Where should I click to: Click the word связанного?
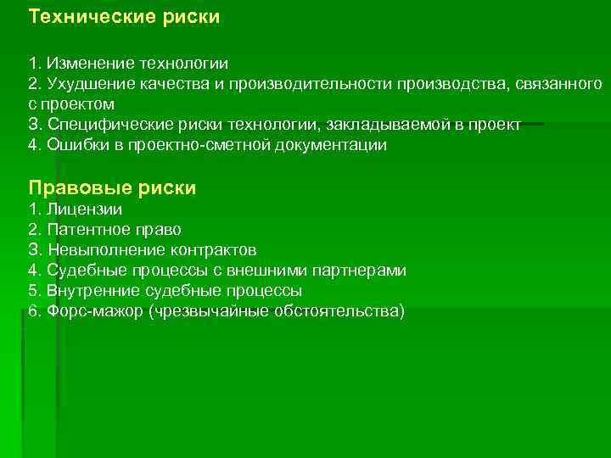560,84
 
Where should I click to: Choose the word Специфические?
101,125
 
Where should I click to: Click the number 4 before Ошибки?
33,145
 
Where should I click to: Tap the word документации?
334,145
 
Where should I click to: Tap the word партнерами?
360,271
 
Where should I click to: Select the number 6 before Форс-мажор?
33,311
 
